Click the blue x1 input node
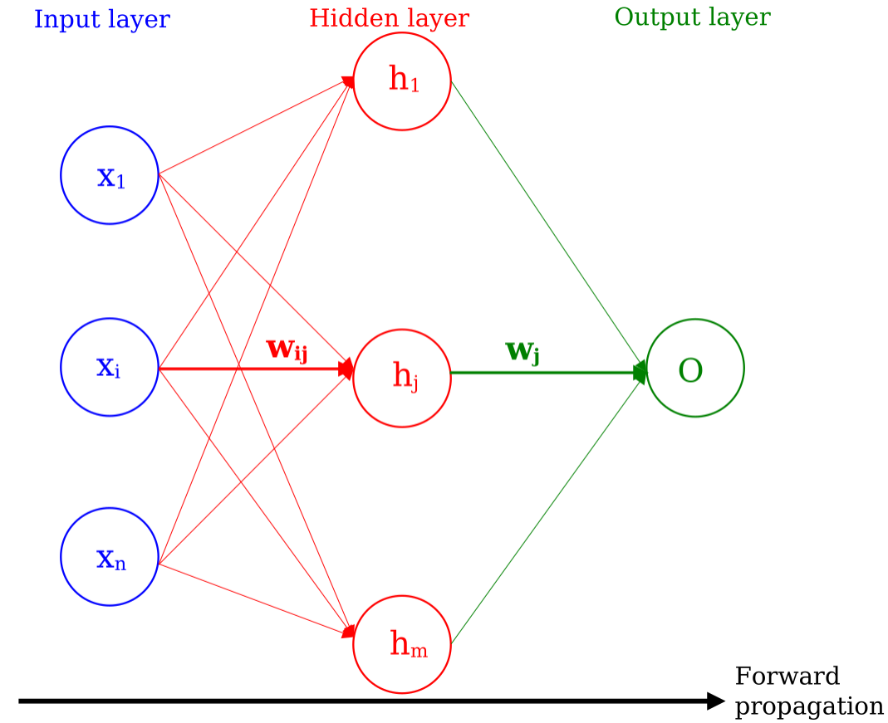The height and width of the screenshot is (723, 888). click(x=109, y=175)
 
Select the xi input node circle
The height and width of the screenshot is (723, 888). click(x=109, y=367)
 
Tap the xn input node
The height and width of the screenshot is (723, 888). click(x=109, y=557)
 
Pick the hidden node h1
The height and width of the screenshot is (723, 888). click(x=402, y=81)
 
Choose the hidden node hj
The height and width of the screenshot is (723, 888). click(x=402, y=379)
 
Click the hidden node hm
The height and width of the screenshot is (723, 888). click(x=402, y=644)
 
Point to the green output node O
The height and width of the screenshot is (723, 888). click(x=694, y=369)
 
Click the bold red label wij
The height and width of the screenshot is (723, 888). click(x=287, y=349)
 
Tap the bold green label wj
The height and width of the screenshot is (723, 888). click(x=522, y=351)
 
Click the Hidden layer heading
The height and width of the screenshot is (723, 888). click(x=389, y=18)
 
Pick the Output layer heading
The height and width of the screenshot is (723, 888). click(x=692, y=17)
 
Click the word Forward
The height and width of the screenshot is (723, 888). click(x=787, y=677)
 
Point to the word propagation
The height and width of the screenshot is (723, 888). click(x=809, y=706)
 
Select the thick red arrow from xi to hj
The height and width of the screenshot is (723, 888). click(x=249, y=368)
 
